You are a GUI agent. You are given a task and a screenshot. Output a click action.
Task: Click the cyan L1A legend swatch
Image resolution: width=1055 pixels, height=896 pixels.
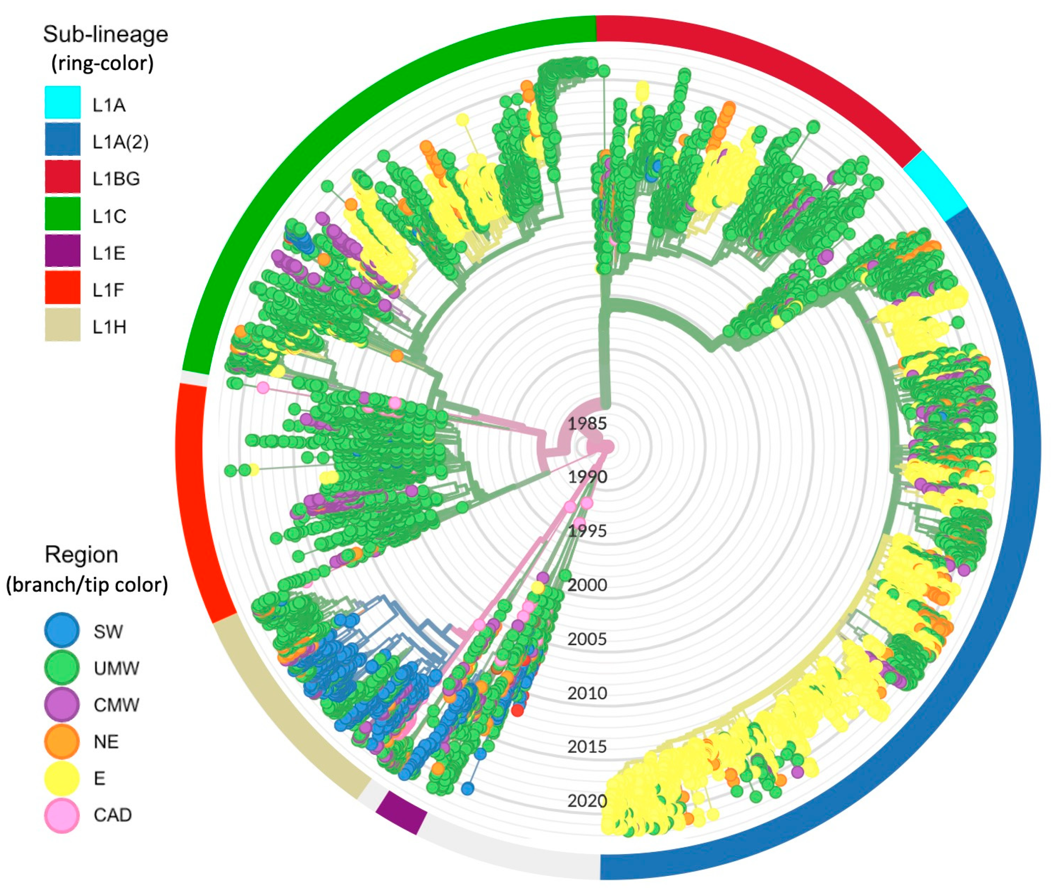pyautogui.click(x=62, y=102)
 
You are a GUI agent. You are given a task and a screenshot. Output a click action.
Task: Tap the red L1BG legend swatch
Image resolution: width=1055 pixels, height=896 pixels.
pyautogui.click(x=62, y=176)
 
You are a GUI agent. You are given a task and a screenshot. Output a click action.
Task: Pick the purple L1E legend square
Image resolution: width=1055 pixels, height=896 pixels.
pyautogui.click(x=62, y=250)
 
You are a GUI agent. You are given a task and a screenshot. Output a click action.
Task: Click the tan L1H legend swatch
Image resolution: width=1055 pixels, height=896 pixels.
pyautogui.click(x=62, y=325)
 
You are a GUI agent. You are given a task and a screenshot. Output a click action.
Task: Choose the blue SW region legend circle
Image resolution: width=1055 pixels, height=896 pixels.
pyautogui.click(x=62, y=630)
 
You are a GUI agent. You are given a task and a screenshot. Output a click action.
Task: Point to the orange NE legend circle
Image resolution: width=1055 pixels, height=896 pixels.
pyautogui.click(x=62, y=741)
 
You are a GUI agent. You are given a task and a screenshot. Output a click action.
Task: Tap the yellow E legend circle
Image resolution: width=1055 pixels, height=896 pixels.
pyautogui.click(x=62, y=778)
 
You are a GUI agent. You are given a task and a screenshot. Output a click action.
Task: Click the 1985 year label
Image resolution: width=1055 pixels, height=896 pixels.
pyautogui.click(x=587, y=423)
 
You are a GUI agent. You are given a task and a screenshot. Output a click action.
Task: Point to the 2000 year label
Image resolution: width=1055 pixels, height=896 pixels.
pyautogui.click(x=587, y=584)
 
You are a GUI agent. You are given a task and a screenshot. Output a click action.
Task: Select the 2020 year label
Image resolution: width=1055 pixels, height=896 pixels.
pyautogui.click(x=587, y=801)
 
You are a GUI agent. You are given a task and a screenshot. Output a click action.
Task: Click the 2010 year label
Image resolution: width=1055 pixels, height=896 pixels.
pyautogui.click(x=587, y=693)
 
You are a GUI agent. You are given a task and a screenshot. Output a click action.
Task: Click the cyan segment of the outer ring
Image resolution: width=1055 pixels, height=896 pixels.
pyautogui.click(x=934, y=185)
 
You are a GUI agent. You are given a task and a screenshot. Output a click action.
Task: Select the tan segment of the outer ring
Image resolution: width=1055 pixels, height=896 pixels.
pyautogui.click(x=285, y=711)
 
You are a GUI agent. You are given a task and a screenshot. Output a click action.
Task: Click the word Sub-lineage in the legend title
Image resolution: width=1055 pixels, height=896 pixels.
pyautogui.click(x=105, y=34)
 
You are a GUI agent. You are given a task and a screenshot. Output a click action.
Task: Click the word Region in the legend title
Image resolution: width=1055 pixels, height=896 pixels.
pyautogui.click(x=81, y=554)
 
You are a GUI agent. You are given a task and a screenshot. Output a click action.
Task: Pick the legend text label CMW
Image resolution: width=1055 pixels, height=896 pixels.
pyautogui.click(x=116, y=705)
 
